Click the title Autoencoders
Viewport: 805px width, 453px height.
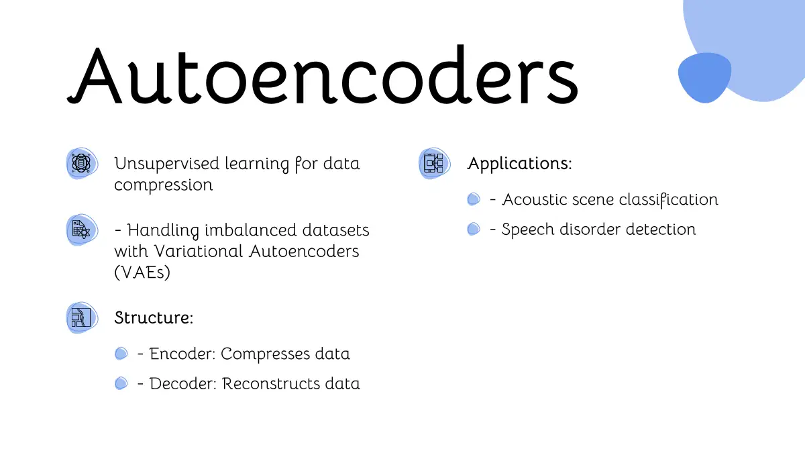(323, 74)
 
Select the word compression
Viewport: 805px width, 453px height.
(164, 185)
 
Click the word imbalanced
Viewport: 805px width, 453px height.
(251, 230)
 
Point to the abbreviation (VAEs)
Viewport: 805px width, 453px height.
(142, 272)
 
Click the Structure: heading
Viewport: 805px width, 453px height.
(154, 318)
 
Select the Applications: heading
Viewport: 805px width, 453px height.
(519, 164)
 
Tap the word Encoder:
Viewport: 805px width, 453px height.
(182, 354)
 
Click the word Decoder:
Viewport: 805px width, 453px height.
(183, 384)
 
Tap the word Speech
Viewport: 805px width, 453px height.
(528, 230)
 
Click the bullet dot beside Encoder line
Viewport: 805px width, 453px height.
(121, 354)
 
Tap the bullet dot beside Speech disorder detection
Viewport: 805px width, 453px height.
(474, 229)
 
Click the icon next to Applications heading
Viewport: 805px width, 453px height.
(434, 163)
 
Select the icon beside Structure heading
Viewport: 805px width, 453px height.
(82, 318)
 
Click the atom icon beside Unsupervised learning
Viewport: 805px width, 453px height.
(82, 163)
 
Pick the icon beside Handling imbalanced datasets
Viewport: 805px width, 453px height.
(82, 230)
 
